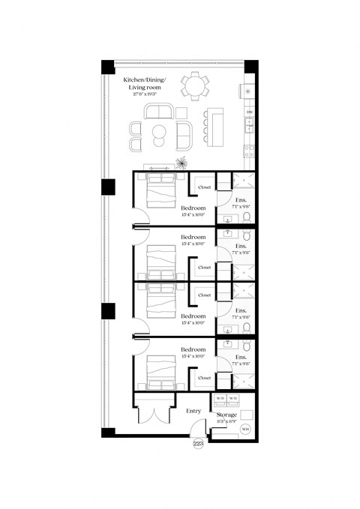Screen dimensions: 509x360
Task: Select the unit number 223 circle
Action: coord(199,444)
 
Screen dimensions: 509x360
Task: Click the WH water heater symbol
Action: coord(246,430)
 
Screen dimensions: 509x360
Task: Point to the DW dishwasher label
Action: coord(249,112)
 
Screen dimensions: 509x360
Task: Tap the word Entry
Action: coord(193,411)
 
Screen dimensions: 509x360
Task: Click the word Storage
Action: coord(226,415)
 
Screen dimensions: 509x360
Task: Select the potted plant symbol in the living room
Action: coord(181,162)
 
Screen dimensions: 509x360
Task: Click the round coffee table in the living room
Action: coord(160,135)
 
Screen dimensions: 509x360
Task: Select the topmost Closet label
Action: coord(204,187)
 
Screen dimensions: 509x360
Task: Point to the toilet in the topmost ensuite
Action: coord(247,218)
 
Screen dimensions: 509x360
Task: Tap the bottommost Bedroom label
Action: coord(193,349)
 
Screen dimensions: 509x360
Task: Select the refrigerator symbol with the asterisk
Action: coord(249,92)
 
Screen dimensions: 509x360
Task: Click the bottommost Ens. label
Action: coord(241,358)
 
